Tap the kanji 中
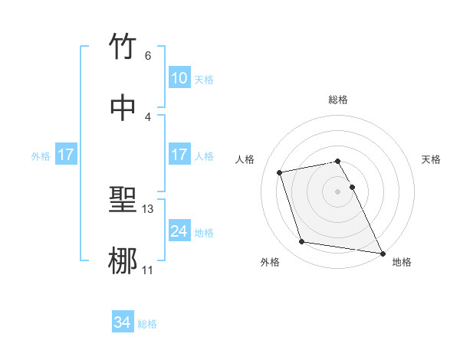click(123, 108)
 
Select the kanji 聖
click(123, 201)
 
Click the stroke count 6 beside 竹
click(147, 55)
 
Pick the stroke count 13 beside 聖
click(149, 209)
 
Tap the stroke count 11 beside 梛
click(148, 270)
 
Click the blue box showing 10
click(179, 78)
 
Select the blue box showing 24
click(179, 231)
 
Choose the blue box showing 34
click(123, 323)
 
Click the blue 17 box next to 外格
click(66, 155)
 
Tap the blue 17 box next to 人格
click(179, 155)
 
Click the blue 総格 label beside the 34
click(147, 324)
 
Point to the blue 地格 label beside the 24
click(204, 232)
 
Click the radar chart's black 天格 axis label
click(432, 159)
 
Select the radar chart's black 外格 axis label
click(270, 262)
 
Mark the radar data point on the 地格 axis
click(382, 253)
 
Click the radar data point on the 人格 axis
click(280, 172)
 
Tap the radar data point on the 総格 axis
click(337, 161)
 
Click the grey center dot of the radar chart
click(337, 191)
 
